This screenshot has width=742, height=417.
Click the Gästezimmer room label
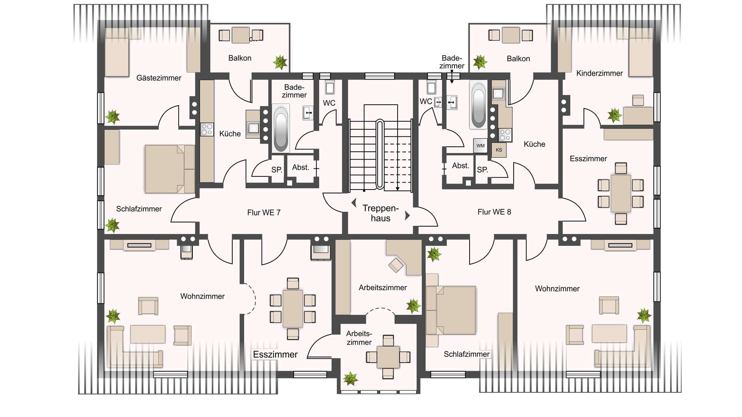point(159,78)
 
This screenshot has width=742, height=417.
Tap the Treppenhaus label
point(381,213)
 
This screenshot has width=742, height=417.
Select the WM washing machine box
point(480,146)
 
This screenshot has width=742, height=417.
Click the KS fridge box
point(499,150)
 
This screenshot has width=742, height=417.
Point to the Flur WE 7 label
point(264,212)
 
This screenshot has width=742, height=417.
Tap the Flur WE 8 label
point(494,212)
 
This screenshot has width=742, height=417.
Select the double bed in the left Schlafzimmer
point(170,169)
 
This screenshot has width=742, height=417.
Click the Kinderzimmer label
point(599,73)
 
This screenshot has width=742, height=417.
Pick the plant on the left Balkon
point(280,62)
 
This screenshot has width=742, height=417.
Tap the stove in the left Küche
point(207,129)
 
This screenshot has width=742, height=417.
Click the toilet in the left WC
point(330,87)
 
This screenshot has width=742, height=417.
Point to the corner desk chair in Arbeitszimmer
point(396,265)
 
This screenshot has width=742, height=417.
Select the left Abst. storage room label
point(301,168)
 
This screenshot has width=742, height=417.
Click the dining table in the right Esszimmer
point(621,193)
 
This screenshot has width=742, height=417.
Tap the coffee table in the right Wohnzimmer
point(609,334)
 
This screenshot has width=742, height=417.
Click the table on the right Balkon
point(511,35)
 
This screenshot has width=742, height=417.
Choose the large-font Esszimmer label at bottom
point(275,354)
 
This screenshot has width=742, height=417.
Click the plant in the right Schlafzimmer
point(434,254)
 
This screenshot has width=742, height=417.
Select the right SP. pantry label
point(482,170)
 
